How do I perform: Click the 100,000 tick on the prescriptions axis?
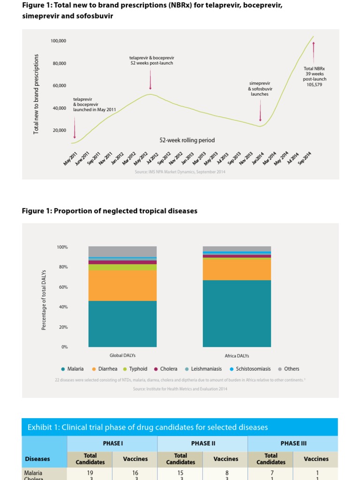click(59, 41)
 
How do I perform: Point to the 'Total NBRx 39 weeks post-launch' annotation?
click(315, 76)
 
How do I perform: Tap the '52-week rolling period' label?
click(187, 140)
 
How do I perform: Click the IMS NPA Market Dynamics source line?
click(180, 172)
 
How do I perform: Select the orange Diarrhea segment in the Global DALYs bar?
click(122, 285)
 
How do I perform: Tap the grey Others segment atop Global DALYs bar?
click(122, 251)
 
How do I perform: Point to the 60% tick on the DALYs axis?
click(63, 287)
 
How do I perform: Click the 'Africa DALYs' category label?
click(237, 356)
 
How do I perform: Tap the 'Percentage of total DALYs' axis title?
click(44, 300)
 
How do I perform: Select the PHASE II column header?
click(202, 443)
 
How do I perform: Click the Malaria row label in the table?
click(33, 473)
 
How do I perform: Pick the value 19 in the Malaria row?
click(90, 473)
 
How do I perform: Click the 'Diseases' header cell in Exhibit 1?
click(37, 459)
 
